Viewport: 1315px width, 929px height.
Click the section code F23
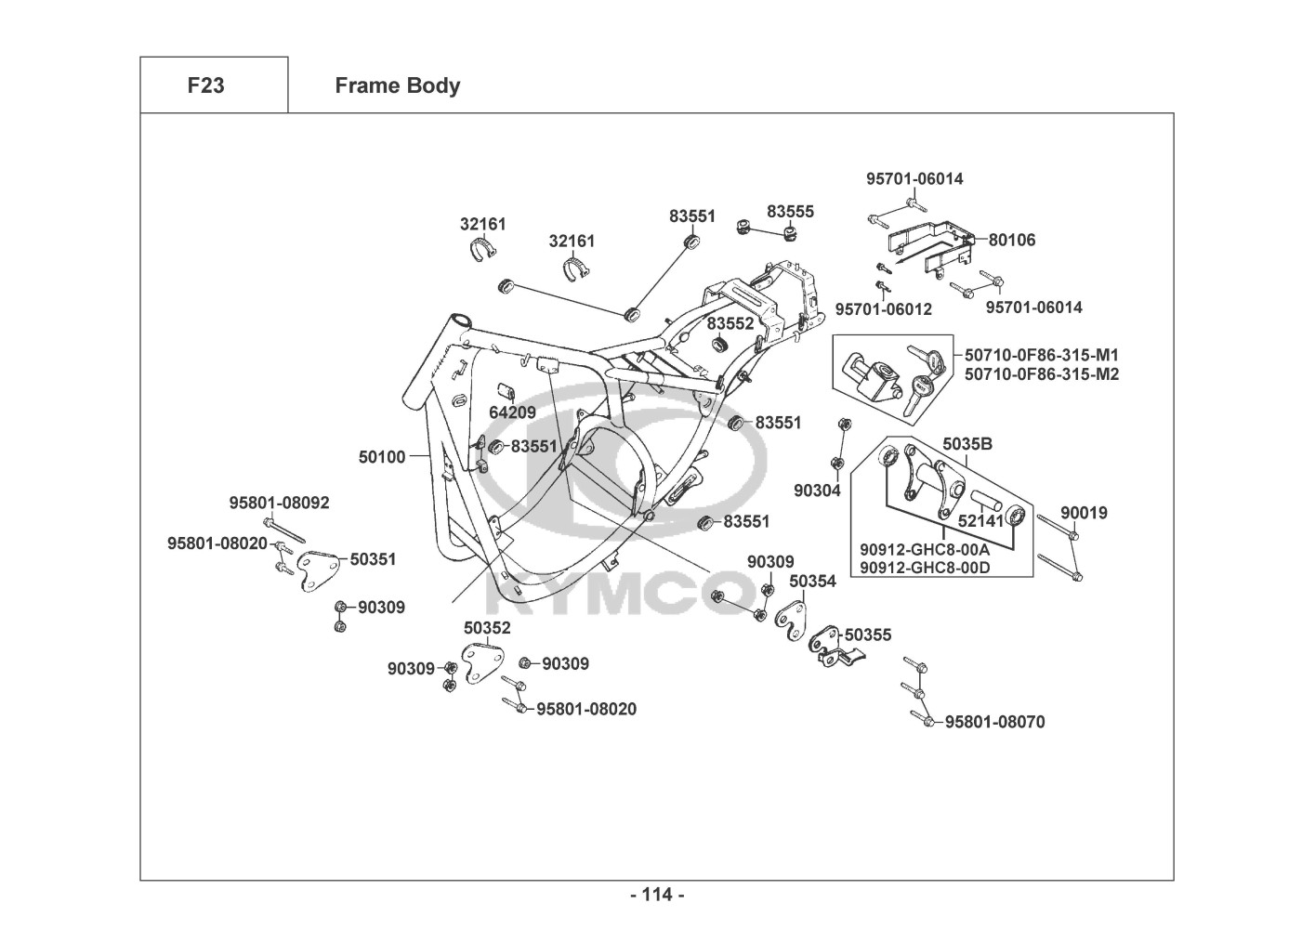pyautogui.click(x=205, y=85)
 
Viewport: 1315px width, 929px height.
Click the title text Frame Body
pyautogui.click(x=397, y=85)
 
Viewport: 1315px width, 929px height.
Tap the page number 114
pyautogui.click(x=657, y=895)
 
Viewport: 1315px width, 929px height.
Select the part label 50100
pyautogui.click(x=382, y=456)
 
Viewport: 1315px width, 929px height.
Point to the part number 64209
pyautogui.click(x=512, y=412)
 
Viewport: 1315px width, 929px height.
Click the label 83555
pyautogui.click(x=790, y=211)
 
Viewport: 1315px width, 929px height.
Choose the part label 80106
pyautogui.click(x=1011, y=240)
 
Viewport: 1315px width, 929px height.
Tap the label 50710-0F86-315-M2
pyautogui.click(x=1042, y=374)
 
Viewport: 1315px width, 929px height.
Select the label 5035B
pyautogui.click(x=967, y=444)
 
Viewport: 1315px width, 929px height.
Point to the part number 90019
pyautogui.click(x=1084, y=513)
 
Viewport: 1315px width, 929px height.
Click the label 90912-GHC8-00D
pyautogui.click(x=925, y=568)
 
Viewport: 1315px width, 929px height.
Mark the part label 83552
pyautogui.click(x=730, y=323)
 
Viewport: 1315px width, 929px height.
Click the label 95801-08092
pyautogui.click(x=279, y=503)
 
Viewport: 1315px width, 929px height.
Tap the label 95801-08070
pyautogui.click(x=994, y=722)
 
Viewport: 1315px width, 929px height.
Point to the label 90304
pyautogui.click(x=817, y=490)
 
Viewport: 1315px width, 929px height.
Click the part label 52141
pyautogui.click(x=980, y=522)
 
